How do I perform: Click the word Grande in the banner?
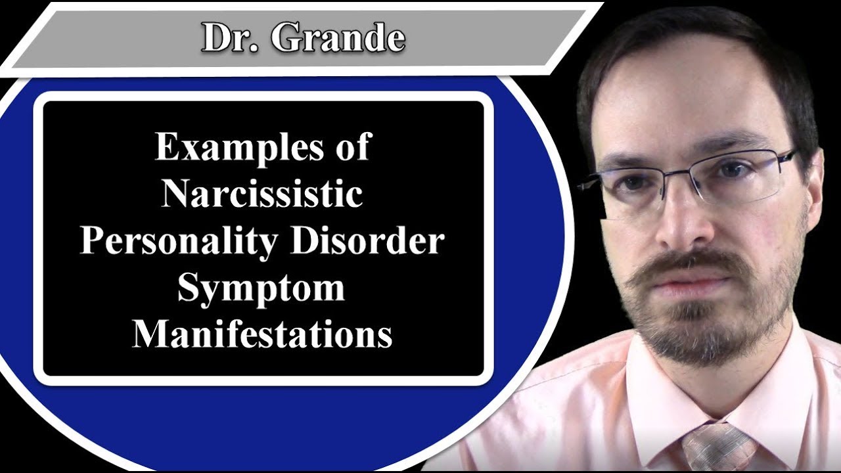pyautogui.click(x=338, y=38)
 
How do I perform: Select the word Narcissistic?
pyautogui.click(x=262, y=194)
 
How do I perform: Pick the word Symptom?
pyautogui.click(x=261, y=288)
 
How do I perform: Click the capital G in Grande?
pyautogui.click(x=286, y=38)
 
